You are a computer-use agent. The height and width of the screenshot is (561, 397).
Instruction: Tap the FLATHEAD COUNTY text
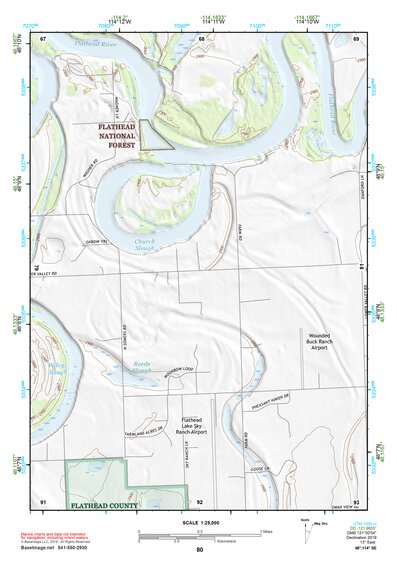[x=105, y=508]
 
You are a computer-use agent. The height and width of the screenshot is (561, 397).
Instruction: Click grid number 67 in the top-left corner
[x=44, y=38]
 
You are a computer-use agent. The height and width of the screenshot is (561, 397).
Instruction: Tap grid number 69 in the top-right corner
[x=357, y=38]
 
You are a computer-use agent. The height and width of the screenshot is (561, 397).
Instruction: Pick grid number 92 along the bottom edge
[x=200, y=500]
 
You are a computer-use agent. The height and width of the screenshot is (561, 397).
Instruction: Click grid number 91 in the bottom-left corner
[x=43, y=500]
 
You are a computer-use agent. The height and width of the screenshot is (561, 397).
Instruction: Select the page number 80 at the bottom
[x=199, y=550]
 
